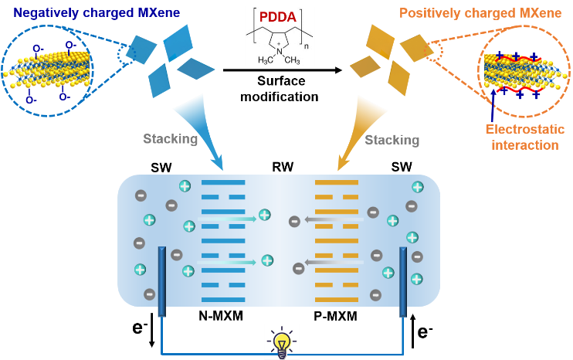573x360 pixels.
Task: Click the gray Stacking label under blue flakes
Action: pos(170,140)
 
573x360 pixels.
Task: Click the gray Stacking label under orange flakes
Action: pos(392,140)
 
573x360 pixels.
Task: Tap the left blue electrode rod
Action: pos(161,282)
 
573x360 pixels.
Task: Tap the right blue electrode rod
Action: pos(402,282)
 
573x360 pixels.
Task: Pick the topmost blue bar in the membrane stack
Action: pos(222,183)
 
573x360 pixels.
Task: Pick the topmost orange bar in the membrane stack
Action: pos(337,183)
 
